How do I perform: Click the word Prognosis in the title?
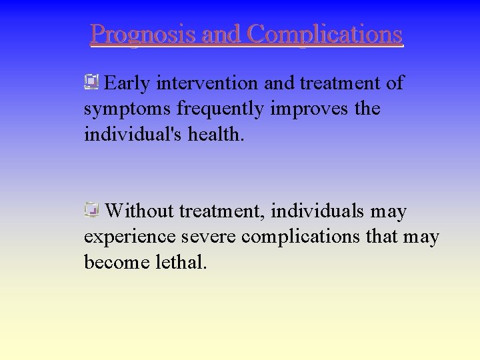[143, 34]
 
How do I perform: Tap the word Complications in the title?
[325, 34]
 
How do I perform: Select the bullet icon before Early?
[91, 83]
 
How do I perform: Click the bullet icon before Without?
[91, 211]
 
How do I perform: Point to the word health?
[216, 134]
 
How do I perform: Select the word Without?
[139, 211]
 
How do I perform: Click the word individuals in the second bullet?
[319, 211]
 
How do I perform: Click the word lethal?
[181, 262]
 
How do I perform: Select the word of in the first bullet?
[395, 83]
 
